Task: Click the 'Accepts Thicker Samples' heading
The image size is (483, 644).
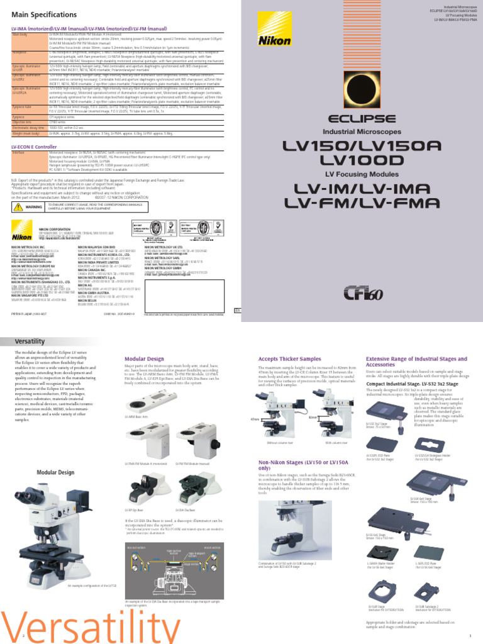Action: pyautogui.click(x=285, y=358)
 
